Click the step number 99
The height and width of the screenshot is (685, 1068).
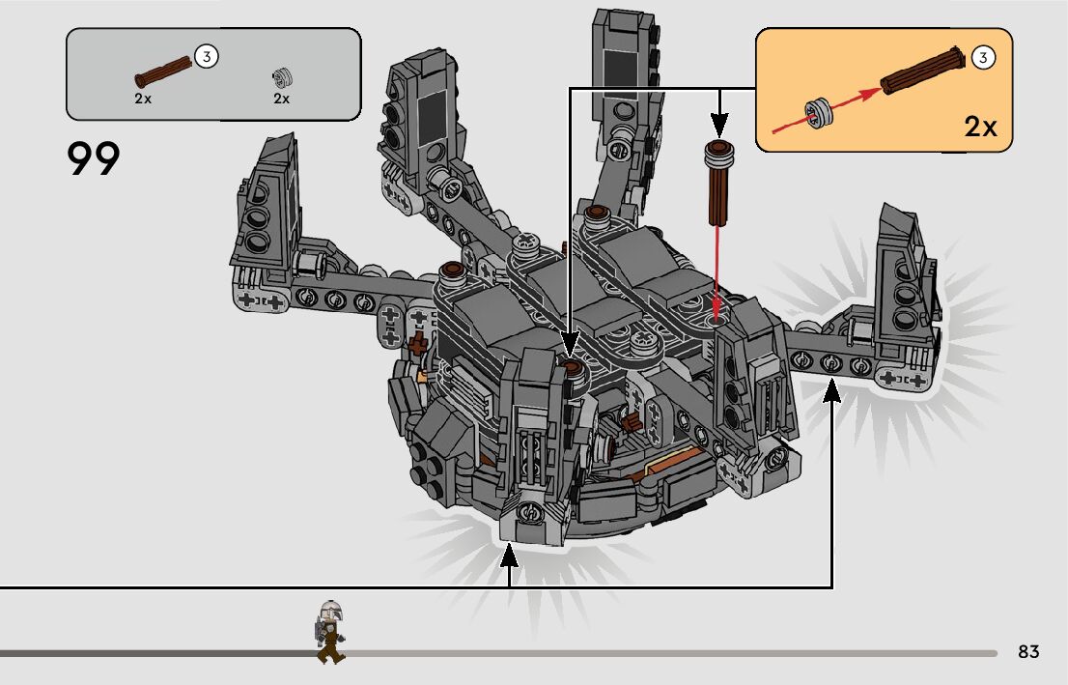point(95,159)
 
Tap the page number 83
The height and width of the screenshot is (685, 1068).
point(1028,652)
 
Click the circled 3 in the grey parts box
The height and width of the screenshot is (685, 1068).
point(205,56)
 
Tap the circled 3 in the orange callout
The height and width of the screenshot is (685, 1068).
point(982,58)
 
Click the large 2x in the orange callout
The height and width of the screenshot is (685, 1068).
point(980,127)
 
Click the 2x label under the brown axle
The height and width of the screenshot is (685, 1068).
point(143,99)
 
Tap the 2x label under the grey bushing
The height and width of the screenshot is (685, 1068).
point(281,99)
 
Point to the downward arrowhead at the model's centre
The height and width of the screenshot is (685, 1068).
point(570,342)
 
